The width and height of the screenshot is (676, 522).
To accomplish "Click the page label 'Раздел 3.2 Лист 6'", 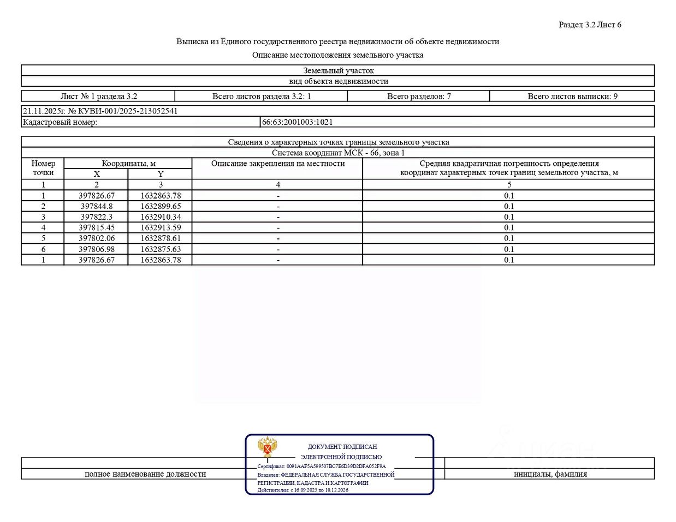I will pyautogui.click(x=590, y=25).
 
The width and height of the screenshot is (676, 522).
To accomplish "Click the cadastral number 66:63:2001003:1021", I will pyautogui.click(x=297, y=122).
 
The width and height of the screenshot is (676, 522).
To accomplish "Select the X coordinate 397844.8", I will pyautogui.click(x=97, y=206).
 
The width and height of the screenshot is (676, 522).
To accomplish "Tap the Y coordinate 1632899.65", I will pyautogui.click(x=161, y=206).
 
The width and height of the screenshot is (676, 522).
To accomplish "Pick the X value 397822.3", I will pyautogui.click(x=97, y=217).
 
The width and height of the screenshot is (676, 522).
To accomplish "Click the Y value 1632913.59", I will pyautogui.click(x=161, y=227).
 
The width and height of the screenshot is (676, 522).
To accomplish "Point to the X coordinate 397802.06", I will pyautogui.click(x=97, y=238).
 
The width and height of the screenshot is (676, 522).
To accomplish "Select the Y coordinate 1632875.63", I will pyautogui.click(x=161, y=249).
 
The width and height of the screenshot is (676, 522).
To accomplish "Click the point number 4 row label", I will pyautogui.click(x=43, y=227).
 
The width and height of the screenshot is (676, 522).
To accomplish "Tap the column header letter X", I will pyautogui.click(x=97, y=174).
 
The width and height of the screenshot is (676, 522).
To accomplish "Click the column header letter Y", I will pyautogui.click(x=161, y=174).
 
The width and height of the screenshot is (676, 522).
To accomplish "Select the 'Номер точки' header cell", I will pyautogui.click(x=43, y=168).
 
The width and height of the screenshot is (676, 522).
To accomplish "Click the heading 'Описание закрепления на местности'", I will pyautogui.click(x=278, y=164).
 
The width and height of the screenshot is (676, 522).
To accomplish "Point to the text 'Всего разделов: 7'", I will pyautogui.click(x=419, y=97).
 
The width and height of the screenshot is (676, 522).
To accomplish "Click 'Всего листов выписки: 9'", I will pyautogui.click(x=572, y=97).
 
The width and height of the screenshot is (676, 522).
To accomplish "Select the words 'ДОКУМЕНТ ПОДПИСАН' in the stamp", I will pyautogui.click(x=342, y=447).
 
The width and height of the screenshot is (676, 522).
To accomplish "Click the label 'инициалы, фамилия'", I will pyautogui.click(x=550, y=474).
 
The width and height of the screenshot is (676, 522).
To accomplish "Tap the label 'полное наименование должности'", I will pyautogui.click(x=145, y=474).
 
